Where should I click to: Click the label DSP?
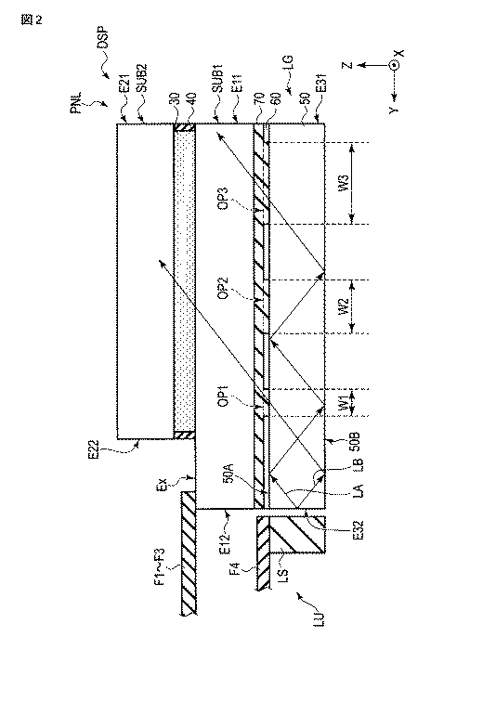point(103,37)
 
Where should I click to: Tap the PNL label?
point(75,103)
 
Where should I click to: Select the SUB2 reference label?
point(141,78)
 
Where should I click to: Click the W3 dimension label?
point(344,184)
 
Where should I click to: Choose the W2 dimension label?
point(344,307)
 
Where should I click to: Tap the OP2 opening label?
point(223,288)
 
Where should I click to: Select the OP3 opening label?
point(223,198)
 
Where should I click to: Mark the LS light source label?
point(283,575)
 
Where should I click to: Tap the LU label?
point(319,618)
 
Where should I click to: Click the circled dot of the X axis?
point(395,65)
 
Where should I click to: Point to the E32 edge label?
point(359,530)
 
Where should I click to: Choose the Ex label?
point(162,485)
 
